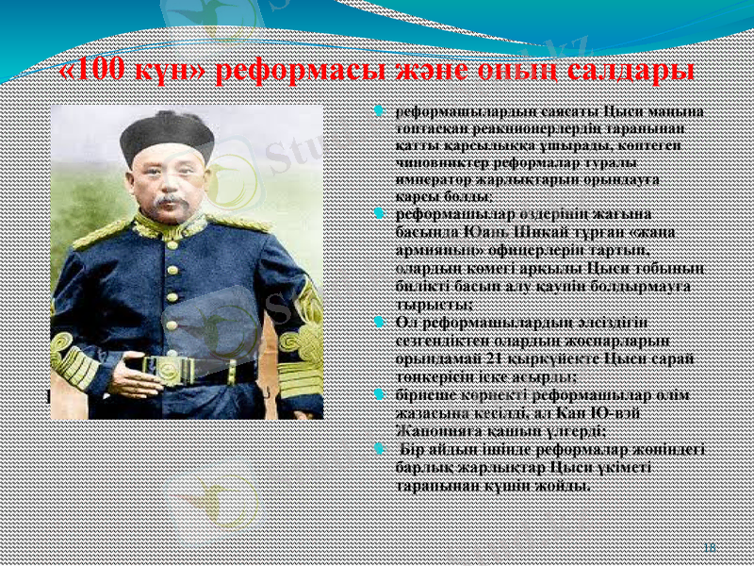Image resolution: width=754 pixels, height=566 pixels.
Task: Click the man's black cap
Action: point(167,132)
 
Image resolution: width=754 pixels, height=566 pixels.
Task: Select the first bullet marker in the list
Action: point(377,112)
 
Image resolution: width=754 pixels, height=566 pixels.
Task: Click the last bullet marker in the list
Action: point(377,450)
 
